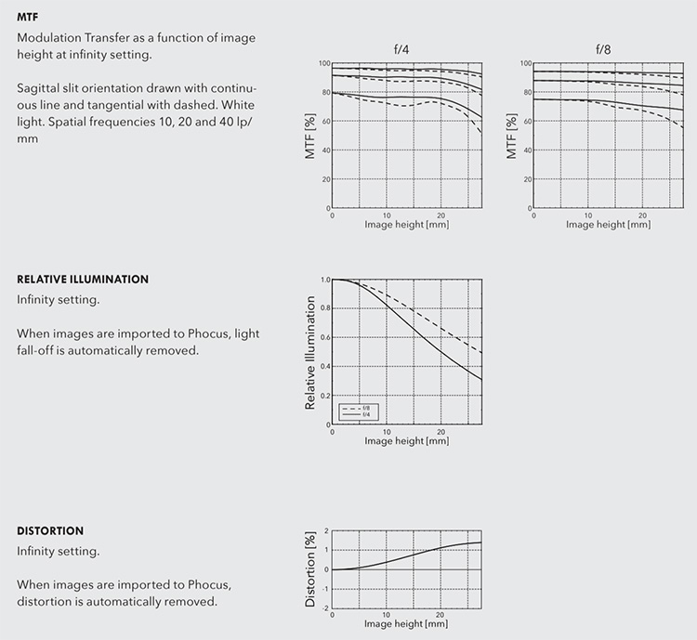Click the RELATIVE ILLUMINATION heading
(83, 279)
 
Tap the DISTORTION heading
(50, 530)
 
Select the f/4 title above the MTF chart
(401, 48)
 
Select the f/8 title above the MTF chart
(603, 48)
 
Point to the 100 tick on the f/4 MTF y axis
(324, 63)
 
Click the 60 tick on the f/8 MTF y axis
(527, 122)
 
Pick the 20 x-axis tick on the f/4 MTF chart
(441, 215)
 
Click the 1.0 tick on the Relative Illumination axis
(325, 280)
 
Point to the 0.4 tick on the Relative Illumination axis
(325, 367)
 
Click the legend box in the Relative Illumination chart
(360, 411)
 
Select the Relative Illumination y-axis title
(311, 353)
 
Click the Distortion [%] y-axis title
(311, 569)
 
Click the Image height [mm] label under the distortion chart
(407, 622)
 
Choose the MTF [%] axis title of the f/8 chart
(512, 136)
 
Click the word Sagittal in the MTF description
(38, 87)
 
